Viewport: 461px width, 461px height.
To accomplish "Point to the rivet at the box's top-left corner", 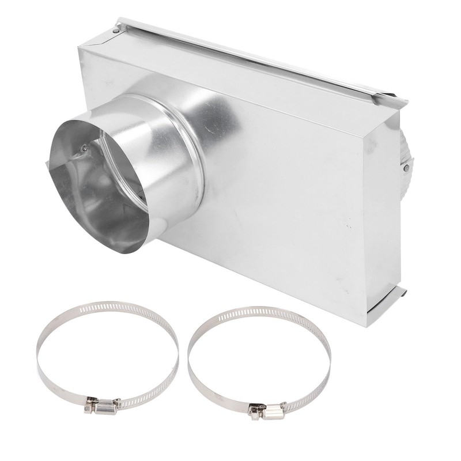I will [x=117, y=28].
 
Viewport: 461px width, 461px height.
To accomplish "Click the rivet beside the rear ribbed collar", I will [x=406, y=168].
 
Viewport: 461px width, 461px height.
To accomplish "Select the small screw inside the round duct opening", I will [x=85, y=148].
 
